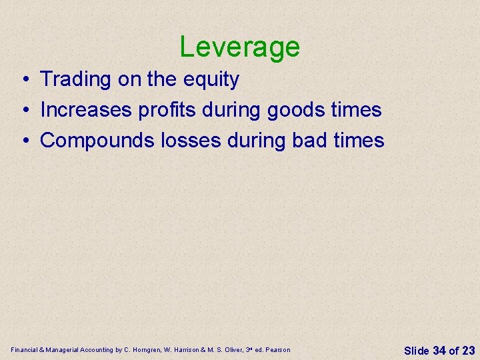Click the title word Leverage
[239, 47]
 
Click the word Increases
[86, 110]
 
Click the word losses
[191, 141]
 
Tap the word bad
[313, 141]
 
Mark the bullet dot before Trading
[23, 80]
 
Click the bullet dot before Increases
[23, 111]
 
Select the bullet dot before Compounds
[23, 141]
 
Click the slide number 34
[439, 350]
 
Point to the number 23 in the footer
[468, 350]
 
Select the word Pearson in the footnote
[277, 350]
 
